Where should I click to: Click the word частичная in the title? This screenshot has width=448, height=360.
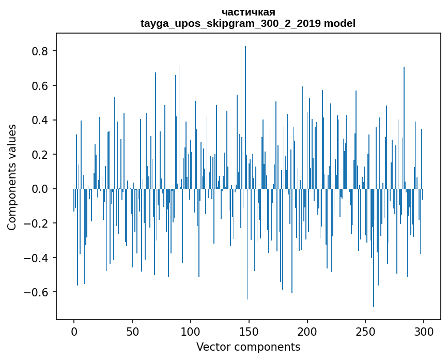click(248, 12)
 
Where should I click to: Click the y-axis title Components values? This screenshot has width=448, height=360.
click(12, 177)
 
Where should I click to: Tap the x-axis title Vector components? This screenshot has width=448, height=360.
click(248, 347)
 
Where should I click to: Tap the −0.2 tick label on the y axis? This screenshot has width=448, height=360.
click(38, 223)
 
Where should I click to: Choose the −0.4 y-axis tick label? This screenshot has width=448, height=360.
click(38, 258)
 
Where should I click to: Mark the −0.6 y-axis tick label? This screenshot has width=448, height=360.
click(38, 292)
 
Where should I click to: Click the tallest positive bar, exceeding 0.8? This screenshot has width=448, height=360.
click(245, 103)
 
